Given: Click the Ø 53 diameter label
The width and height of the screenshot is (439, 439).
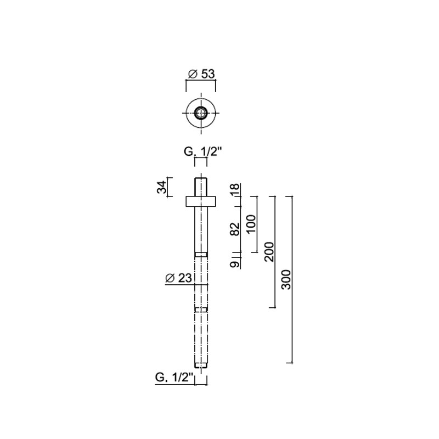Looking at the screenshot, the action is pos(201,74).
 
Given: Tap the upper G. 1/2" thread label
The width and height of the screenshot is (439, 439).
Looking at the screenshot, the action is pos(202,152).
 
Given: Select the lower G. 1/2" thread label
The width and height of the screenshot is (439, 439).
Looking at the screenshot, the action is pos(174,378).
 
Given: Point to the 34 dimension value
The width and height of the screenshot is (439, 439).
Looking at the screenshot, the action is pos(161,187).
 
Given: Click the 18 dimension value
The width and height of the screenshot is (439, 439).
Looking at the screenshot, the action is pos(235,190).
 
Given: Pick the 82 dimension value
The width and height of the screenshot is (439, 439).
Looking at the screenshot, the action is pos(235,229).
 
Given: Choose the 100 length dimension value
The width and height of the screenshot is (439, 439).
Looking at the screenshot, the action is pos(251,224).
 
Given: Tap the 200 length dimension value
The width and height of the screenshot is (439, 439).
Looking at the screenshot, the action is pos(269,252).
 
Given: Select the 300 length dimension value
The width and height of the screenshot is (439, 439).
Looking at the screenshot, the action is pos(286,279).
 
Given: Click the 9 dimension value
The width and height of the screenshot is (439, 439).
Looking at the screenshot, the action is pos(235,264).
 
